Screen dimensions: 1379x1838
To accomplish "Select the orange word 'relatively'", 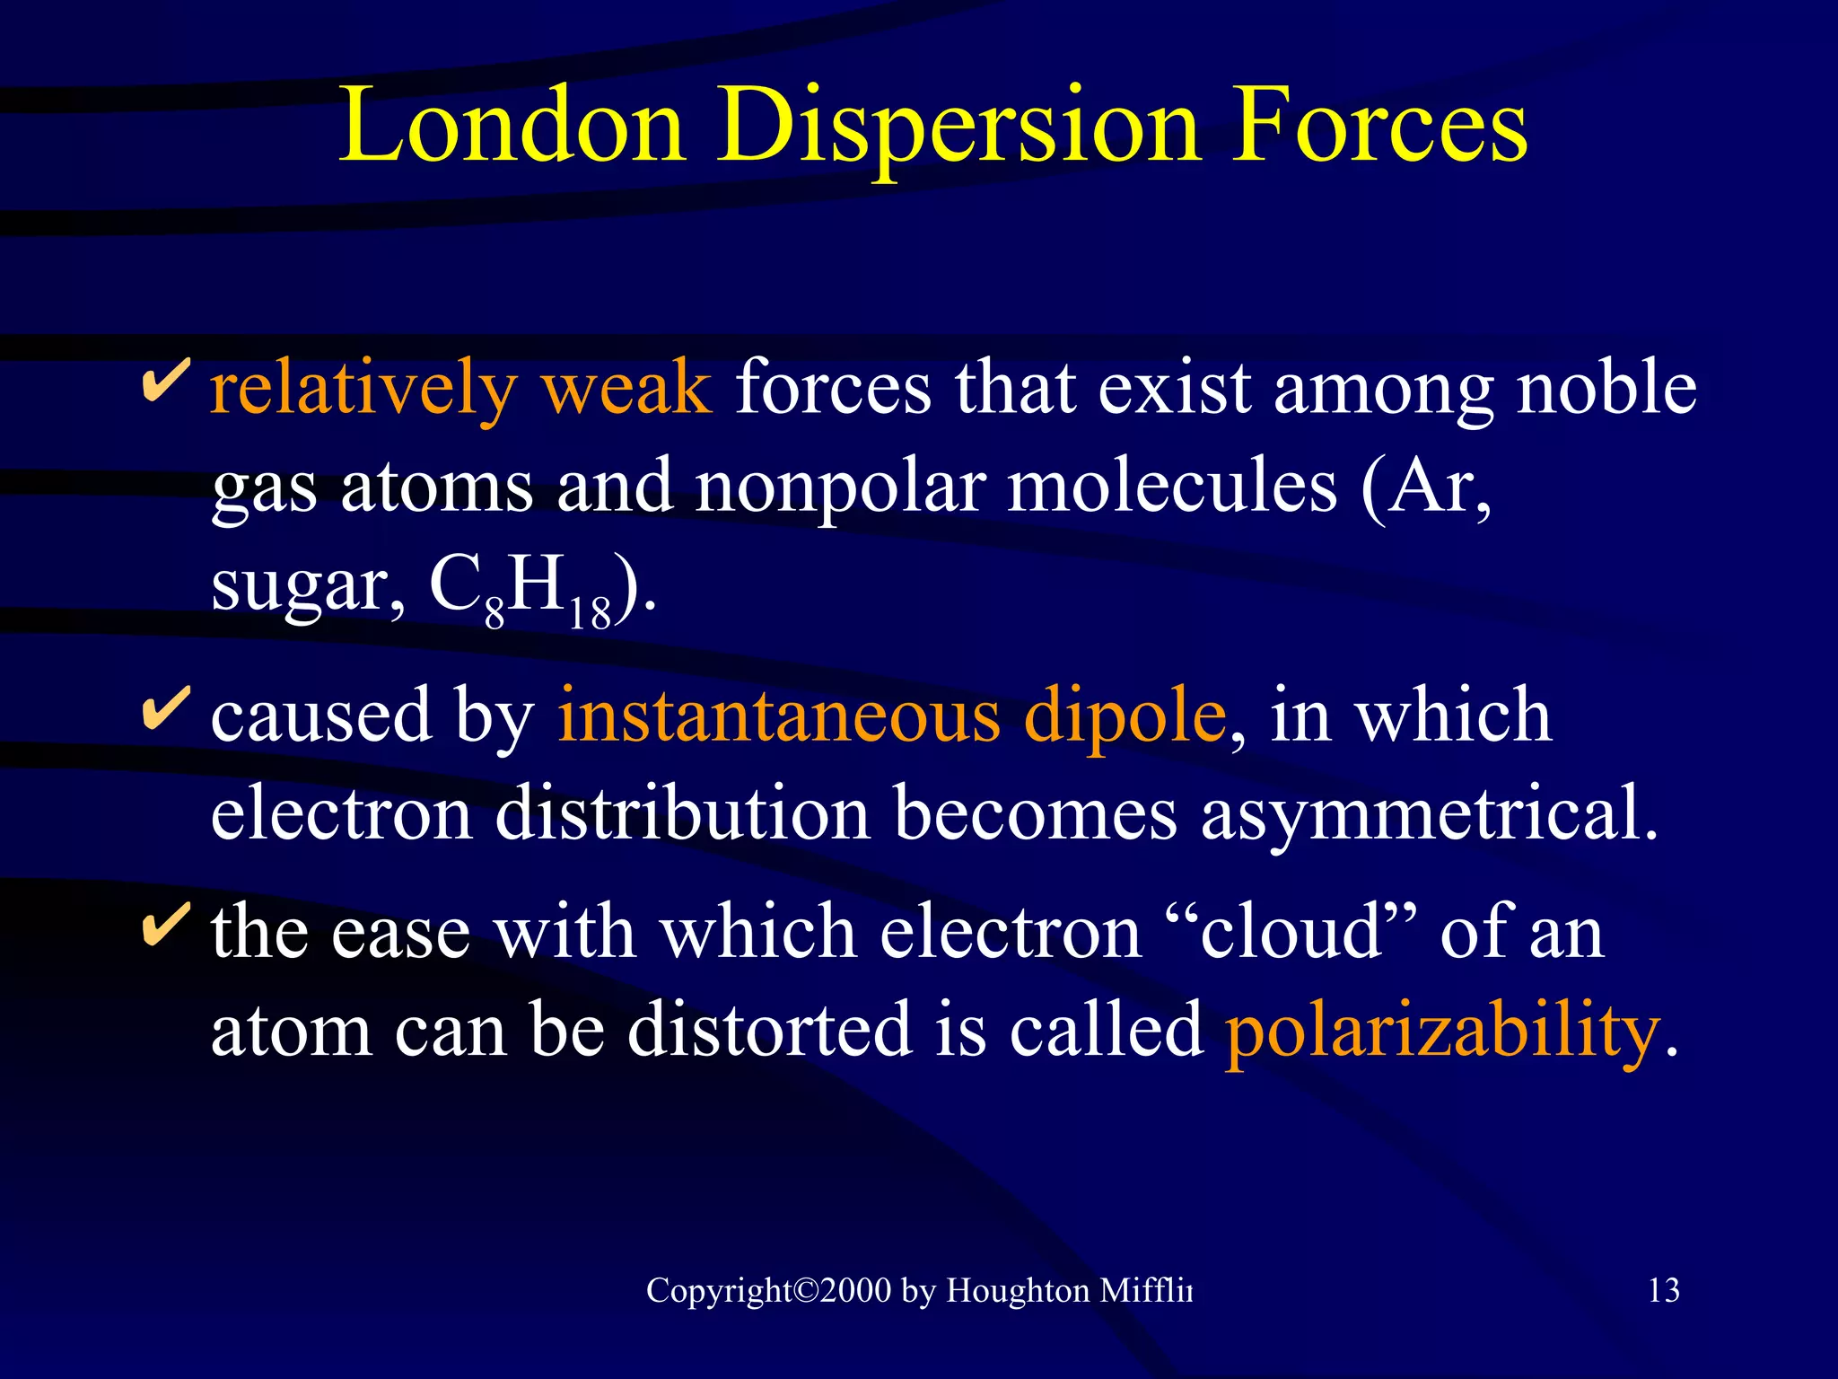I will [x=363, y=388].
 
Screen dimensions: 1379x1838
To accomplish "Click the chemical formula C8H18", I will [x=521, y=588].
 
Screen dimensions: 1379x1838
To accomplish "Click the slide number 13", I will [x=1664, y=1290].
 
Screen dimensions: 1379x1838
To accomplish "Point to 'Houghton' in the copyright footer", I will [x=1018, y=1290].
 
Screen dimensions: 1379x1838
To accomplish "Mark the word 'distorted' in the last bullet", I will [x=769, y=1030].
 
